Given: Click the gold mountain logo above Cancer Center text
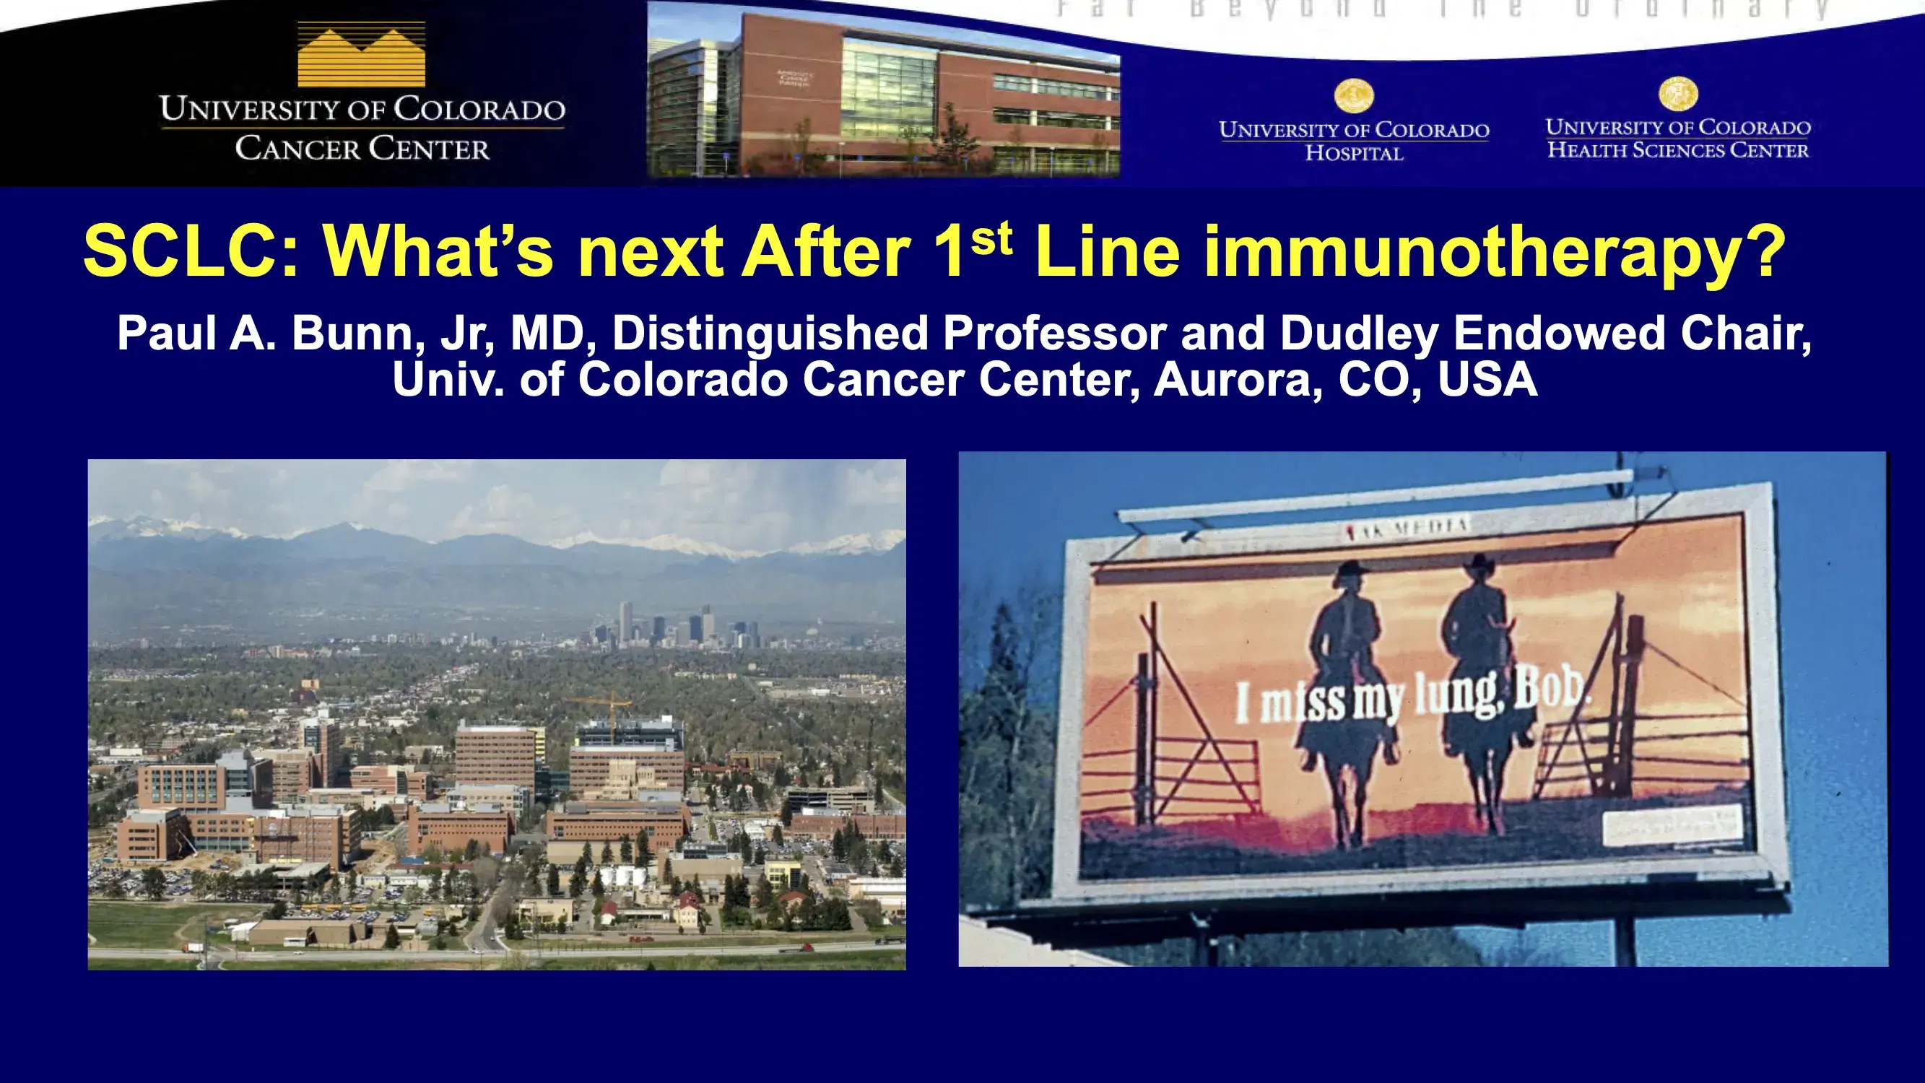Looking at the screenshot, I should tap(361, 55).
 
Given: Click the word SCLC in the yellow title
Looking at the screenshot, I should tap(191, 252).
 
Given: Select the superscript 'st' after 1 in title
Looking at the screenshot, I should tap(991, 237).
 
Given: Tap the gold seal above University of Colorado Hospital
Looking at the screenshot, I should tap(1353, 96).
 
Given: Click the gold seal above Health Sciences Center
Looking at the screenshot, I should tap(1677, 93).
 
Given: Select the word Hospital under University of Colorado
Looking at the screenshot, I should tap(1353, 153).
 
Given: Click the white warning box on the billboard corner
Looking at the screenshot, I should tap(1672, 825).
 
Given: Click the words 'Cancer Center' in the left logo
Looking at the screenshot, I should tap(362, 149).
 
